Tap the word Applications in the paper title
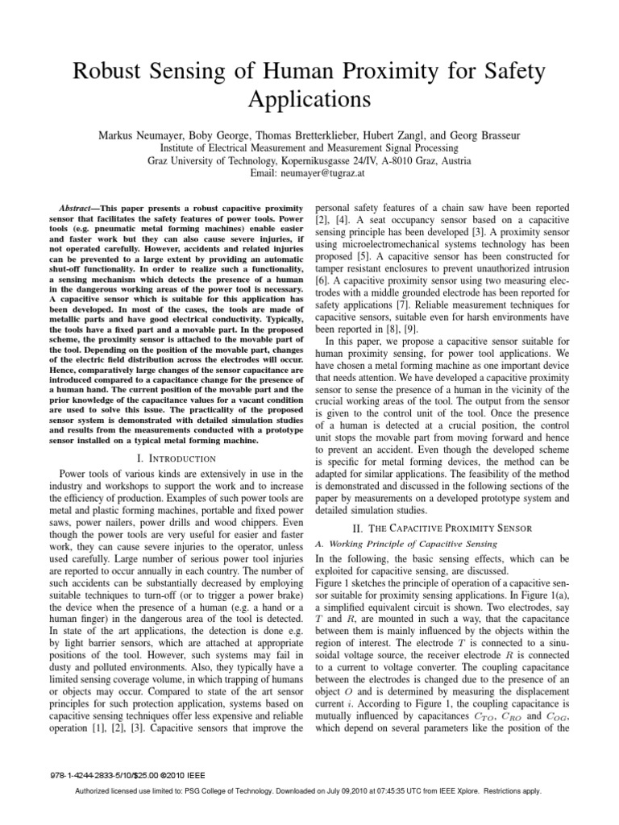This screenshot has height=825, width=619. [309, 101]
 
